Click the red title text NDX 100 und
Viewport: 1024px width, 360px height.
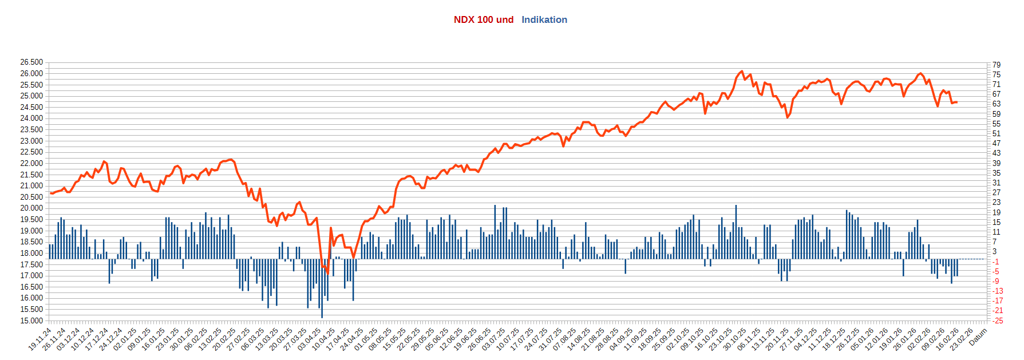(483, 19)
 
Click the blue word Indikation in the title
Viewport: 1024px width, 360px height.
(544, 19)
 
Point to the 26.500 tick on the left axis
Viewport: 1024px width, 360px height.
(31, 62)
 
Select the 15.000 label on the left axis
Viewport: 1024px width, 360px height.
(31, 321)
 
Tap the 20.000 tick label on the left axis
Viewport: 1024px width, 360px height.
(31, 208)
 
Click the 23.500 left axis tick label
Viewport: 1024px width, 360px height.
(31, 129)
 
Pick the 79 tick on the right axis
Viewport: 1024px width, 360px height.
(997, 65)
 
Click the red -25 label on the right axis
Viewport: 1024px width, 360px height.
(998, 321)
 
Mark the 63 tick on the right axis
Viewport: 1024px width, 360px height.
(997, 104)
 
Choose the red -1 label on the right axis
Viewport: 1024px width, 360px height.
(996, 262)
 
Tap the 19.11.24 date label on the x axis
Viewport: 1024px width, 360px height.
(40, 339)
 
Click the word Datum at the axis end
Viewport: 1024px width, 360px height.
(979, 337)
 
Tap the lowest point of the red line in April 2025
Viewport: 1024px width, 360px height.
(328, 274)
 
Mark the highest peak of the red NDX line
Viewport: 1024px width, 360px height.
(742, 71)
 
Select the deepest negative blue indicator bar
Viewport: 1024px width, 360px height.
(322, 317)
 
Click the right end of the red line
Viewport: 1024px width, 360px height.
(956, 102)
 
